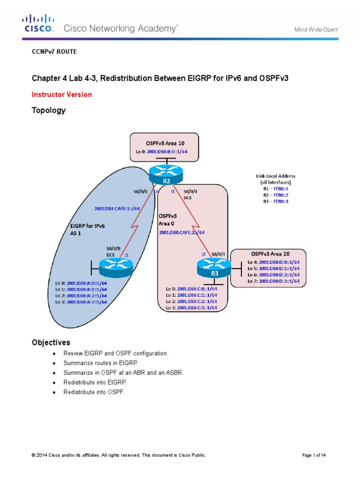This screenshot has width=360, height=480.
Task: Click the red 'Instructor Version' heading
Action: (61, 94)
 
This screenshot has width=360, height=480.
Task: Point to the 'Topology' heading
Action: (48, 111)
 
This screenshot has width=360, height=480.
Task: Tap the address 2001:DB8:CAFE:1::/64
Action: (117, 209)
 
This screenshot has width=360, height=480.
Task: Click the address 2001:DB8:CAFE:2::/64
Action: (182, 232)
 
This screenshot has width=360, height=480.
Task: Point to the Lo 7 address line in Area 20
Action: (273, 281)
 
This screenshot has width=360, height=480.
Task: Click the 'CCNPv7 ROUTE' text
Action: (54, 52)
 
